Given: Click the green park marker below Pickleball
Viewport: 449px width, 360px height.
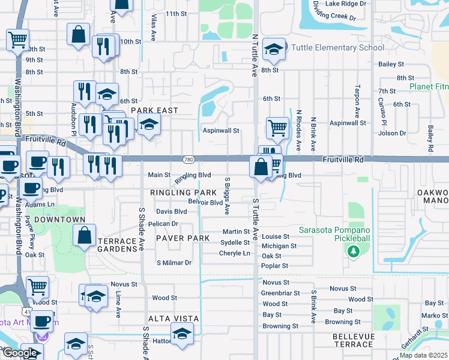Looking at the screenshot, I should (354, 251).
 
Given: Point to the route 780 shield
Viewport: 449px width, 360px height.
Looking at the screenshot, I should (188, 160).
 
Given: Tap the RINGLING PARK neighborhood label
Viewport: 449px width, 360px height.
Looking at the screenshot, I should (183, 193).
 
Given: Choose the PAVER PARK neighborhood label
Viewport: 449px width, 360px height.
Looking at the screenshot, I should (182, 238).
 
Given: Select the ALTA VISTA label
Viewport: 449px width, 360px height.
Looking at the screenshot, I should (175, 319).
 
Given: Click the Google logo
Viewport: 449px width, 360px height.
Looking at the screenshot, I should (19, 353).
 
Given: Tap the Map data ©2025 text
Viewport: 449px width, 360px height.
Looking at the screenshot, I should (423, 355).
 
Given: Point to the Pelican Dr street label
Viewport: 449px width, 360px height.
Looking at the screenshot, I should (167, 224).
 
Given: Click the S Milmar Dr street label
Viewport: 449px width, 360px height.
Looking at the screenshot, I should (173, 263).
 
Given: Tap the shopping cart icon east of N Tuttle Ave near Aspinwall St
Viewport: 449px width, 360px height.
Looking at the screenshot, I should (277, 127).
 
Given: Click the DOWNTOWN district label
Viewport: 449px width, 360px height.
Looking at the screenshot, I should (59, 220).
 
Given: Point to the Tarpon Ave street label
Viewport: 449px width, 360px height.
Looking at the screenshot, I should (357, 101).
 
